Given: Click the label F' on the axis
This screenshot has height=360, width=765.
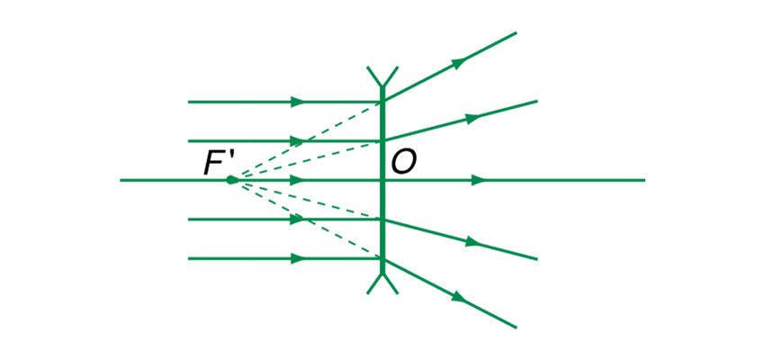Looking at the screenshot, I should click(219, 163).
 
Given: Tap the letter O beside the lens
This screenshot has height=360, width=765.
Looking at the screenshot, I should click(403, 163).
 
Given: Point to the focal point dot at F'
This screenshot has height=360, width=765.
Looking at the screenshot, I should click(232, 180).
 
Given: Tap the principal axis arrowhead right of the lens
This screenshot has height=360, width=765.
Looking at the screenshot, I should click(479, 180).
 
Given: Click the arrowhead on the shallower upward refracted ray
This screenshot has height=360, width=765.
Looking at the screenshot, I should click(470, 118).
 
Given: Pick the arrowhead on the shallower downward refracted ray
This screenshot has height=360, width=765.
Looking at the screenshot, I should click(470, 242).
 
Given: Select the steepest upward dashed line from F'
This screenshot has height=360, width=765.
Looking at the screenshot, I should click(306, 141).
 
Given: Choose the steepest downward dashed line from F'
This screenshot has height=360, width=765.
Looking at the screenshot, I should click(306, 219).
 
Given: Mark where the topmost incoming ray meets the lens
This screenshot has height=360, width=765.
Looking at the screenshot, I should click(382, 102).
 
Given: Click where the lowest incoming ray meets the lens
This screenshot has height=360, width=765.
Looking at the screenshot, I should click(382, 258).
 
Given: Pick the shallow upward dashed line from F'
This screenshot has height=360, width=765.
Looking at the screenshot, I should click(306, 161).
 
